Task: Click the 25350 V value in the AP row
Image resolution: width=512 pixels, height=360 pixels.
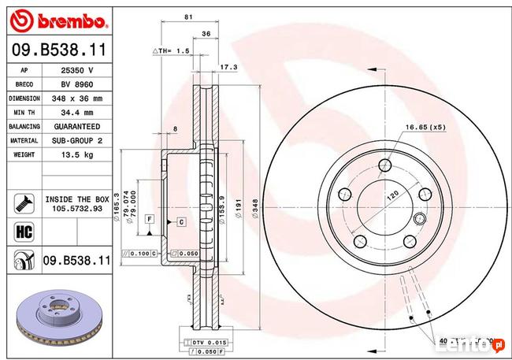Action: pos(76,70)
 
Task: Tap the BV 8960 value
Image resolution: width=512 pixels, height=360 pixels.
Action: pos(76,84)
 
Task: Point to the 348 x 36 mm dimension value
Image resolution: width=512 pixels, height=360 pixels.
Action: pos(76,98)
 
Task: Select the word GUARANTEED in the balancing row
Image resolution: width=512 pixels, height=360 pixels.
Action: pos(76,126)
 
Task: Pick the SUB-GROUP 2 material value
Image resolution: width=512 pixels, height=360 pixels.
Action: pos(76,140)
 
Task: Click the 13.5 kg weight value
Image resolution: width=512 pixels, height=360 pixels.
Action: pos(76,154)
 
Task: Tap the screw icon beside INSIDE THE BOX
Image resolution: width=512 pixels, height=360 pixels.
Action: pos(20,203)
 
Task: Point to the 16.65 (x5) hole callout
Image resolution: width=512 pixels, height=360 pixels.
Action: pos(425,127)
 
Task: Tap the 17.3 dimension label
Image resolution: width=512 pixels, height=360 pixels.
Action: pos(229,67)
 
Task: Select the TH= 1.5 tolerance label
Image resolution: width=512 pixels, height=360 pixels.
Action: pos(171,50)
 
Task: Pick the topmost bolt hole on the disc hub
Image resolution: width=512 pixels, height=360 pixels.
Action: pos(384,165)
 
